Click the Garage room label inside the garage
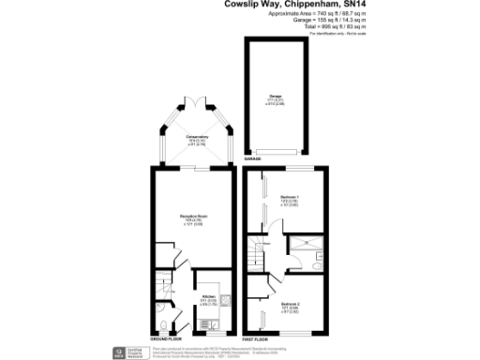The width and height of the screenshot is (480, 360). point(276,98)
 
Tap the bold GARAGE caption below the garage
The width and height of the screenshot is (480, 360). point(253,159)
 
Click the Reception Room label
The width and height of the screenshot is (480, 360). point(194,219)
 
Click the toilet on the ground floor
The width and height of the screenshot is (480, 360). point(163,309)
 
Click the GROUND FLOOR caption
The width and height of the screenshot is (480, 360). point(163,338)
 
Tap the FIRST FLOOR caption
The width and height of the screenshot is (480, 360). point(254,338)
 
